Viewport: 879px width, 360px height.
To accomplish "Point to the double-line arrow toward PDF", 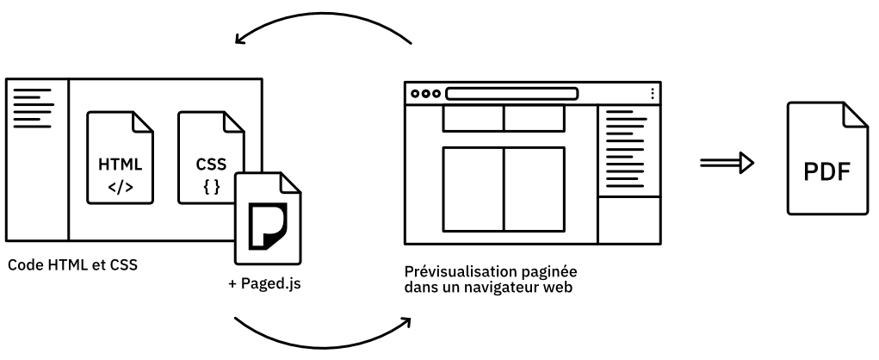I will (x=727, y=161).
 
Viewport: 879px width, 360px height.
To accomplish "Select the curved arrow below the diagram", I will (x=323, y=337).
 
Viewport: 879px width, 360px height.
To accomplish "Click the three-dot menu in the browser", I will (x=652, y=93).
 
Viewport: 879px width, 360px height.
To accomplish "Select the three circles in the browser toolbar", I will (x=425, y=93).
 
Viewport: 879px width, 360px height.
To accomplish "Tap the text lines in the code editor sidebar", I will (x=33, y=103).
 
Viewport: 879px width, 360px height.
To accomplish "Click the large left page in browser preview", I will (x=473, y=189).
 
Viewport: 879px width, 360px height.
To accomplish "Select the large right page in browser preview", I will (x=534, y=189).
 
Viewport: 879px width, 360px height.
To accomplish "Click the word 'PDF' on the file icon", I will (x=826, y=171).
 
